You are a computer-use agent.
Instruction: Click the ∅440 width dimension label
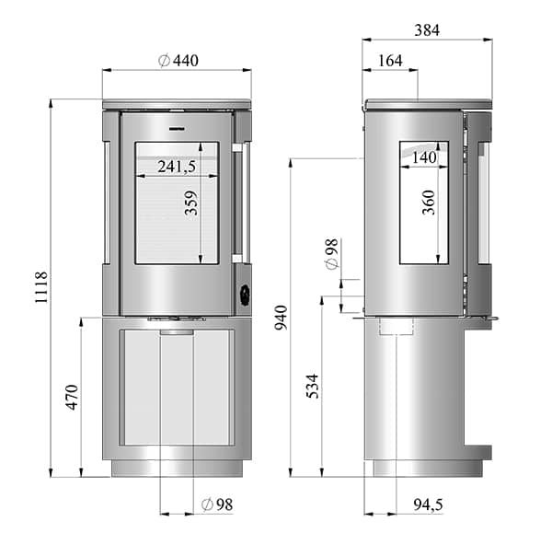(x=178, y=61)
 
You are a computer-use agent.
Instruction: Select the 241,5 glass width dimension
(x=177, y=167)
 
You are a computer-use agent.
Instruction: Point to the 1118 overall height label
(x=40, y=286)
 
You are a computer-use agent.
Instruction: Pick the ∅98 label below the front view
(x=219, y=504)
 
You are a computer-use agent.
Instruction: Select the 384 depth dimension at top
(x=427, y=30)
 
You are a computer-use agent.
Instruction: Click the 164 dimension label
(x=390, y=61)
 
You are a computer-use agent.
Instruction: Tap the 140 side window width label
(x=424, y=158)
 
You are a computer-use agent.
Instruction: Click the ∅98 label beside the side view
(x=331, y=254)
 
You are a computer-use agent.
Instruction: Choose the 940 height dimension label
(x=282, y=318)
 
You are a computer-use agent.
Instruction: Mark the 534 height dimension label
(x=312, y=387)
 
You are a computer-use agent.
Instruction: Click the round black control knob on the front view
(x=245, y=295)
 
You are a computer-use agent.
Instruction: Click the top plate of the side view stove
(x=430, y=104)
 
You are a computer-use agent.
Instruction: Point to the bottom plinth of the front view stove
(x=177, y=468)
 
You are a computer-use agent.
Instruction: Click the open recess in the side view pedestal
(x=477, y=386)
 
